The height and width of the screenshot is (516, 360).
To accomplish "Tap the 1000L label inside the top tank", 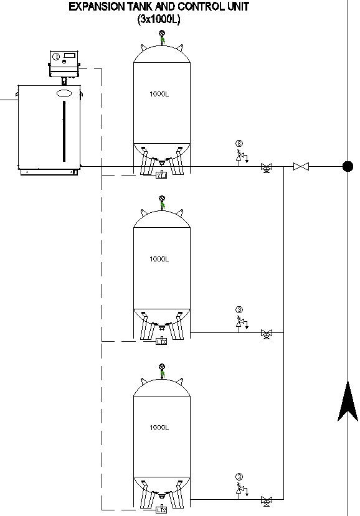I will pos(159,94).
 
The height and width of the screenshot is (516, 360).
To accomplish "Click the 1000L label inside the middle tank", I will pos(159,259).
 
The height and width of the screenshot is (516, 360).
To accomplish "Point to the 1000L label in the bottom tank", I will pos(159,428).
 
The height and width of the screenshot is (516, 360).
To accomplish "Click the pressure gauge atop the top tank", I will pos(162,34).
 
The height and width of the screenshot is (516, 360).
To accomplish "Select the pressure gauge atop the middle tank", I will pos(162,199).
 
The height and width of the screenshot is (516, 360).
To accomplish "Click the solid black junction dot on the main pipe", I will pos(348,166).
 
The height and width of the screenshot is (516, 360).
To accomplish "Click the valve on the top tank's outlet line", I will pos(266,167).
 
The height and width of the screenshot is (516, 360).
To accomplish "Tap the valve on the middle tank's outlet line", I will pos(266,333).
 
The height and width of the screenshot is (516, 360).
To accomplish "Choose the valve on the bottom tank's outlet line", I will pos(266,499).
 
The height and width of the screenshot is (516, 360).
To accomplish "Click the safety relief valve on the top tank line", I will pos(239,156).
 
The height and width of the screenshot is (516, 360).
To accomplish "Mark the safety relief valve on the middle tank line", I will pos(239,322).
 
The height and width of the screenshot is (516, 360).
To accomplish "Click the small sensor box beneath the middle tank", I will pos(161,341).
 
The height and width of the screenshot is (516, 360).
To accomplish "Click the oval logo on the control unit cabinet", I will pos(65,93).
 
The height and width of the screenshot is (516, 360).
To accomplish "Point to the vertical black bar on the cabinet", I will pos(64,131).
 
